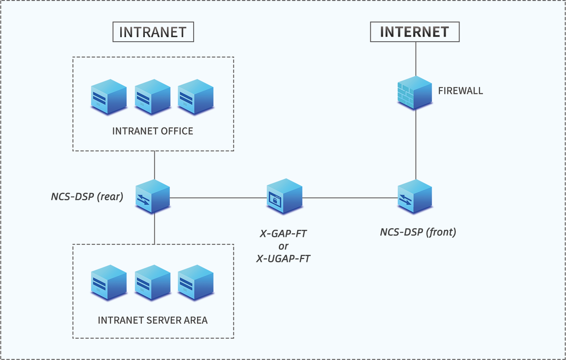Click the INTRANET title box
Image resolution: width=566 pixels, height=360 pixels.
153,32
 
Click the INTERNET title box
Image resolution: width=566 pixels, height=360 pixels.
414,32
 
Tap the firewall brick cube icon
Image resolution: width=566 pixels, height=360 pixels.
414,93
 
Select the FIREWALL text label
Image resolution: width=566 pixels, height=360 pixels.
460,91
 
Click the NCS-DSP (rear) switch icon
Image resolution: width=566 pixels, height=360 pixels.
153,196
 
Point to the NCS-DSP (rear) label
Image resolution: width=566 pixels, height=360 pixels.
87,196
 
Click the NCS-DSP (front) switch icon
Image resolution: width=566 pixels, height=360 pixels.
414,196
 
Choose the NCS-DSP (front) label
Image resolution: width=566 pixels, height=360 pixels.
418,232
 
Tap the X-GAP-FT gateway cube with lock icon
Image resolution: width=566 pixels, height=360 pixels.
284,196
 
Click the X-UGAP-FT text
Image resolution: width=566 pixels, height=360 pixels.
283,259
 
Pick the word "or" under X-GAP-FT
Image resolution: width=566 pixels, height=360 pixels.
283,247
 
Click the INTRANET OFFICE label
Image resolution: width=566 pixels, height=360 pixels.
153,131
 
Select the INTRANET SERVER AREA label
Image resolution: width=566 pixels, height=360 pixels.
153,320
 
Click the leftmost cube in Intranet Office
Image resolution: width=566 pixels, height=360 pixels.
109,97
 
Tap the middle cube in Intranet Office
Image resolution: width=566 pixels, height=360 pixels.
152,97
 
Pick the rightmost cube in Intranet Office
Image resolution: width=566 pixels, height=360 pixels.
196,97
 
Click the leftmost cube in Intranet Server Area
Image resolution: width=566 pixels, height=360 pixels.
109,282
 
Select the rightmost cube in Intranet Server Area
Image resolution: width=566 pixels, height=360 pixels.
196,282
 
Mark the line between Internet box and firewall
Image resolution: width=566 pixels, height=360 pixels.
415,58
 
